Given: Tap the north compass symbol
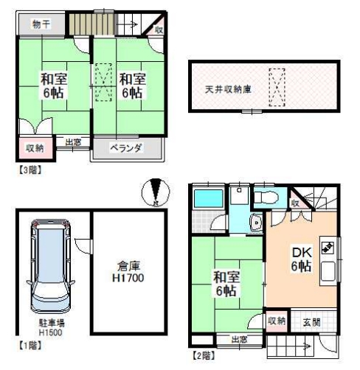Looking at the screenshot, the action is [x=156, y=192].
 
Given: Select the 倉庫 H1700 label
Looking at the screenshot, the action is [x=128, y=272].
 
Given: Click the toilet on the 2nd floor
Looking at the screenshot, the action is [x=266, y=197].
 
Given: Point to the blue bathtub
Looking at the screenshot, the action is [x=209, y=198].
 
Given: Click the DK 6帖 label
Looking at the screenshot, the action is [x=302, y=259].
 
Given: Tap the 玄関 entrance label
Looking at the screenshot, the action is [x=311, y=322].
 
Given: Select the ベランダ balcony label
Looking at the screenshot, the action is [x=126, y=148].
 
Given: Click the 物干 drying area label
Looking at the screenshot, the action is [x=41, y=24].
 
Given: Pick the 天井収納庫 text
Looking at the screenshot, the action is [x=228, y=89].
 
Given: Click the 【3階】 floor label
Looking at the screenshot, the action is [x=30, y=170].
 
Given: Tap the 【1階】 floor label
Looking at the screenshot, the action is [x=30, y=346].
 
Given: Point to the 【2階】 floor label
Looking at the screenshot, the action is [x=204, y=355].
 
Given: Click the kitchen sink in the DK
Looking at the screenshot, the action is [x=328, y=271].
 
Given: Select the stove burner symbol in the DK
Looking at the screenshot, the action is [x=328, y=248].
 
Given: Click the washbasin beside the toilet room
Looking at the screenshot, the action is [x=256, y=223].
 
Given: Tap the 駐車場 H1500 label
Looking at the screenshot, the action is [x=51, y=328].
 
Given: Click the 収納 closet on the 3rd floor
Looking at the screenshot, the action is [x=35, y=148].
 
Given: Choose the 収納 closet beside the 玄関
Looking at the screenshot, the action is [x=277, y=321].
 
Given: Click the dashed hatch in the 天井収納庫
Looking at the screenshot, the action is [x=277, y=88].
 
